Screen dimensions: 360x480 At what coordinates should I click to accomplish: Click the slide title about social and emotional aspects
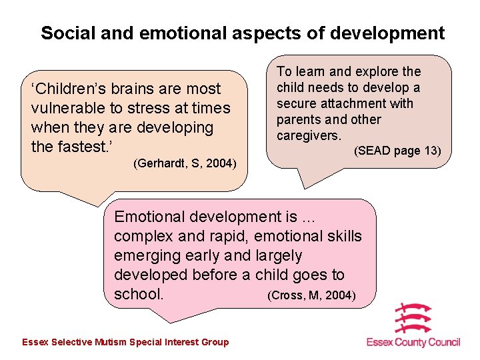click(242, 33)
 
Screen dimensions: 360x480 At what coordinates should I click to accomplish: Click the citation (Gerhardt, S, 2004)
click(185, 163)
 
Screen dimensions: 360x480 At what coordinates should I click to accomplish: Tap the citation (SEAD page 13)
click(397, 151)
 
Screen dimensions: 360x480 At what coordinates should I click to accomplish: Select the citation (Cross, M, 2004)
click(311, 295)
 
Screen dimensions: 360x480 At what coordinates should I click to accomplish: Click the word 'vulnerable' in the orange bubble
click(68, 108)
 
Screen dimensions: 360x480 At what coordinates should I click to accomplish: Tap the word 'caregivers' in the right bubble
click(308, 135)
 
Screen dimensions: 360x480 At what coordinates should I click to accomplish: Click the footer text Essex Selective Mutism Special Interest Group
click(125, 342)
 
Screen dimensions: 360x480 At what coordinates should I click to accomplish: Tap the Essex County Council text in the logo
click(413, 342)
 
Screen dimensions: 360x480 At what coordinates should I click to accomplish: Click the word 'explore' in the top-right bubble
click(376, 71)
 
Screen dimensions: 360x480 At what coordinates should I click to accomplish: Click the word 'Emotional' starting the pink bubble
click(151, 217)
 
